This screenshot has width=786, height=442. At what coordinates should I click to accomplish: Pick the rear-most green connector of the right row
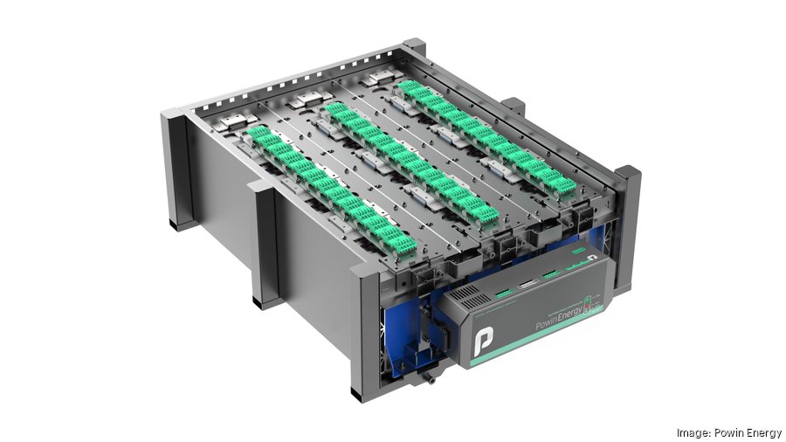pyautogui.click(x=408, y=89)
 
